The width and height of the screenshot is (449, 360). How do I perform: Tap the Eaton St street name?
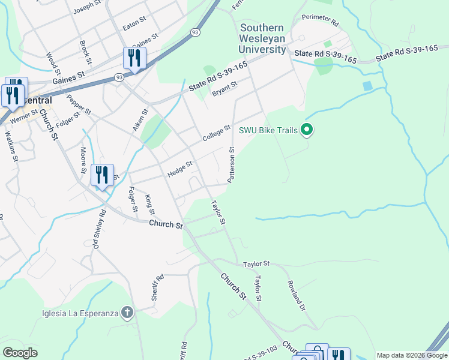[134, 24]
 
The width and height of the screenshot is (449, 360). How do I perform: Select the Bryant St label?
[224, 89]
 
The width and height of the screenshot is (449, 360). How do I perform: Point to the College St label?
[216, 133]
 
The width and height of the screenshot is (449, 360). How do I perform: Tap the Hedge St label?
[179, 169]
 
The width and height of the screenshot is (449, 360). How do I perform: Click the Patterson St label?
[231, 164]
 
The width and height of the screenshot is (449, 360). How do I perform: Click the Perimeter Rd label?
[321, 20]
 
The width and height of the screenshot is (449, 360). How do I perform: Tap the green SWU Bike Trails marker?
[307, 130]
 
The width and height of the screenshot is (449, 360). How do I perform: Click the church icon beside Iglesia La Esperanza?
[126, 312]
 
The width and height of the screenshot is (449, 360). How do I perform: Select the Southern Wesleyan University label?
[263, 38]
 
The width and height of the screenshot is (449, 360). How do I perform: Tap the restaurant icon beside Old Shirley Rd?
[102, 175]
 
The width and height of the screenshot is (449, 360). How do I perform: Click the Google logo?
[20, 353]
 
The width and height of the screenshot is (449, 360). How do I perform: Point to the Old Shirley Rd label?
[98, 230]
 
